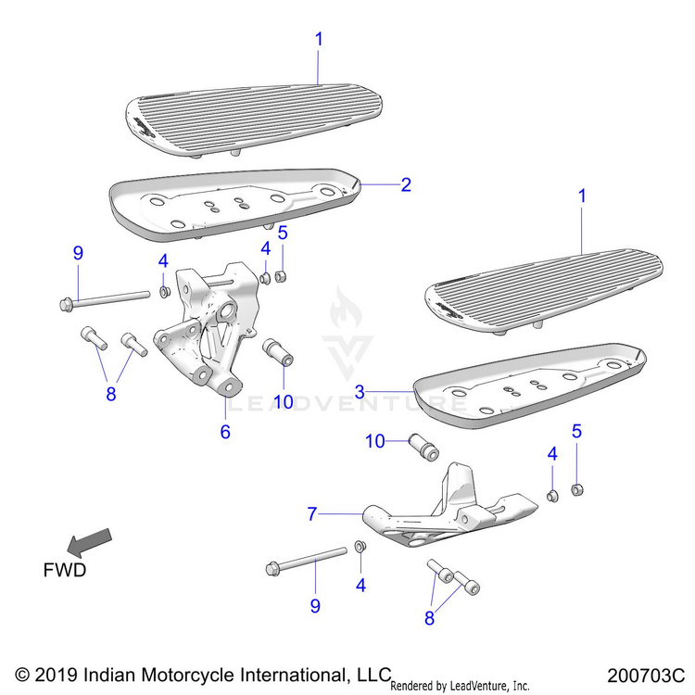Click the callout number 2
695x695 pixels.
point(405,184)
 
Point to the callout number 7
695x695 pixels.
point(312,512)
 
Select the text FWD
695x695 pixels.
point(64,569)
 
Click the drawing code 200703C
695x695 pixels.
point(646,674)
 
